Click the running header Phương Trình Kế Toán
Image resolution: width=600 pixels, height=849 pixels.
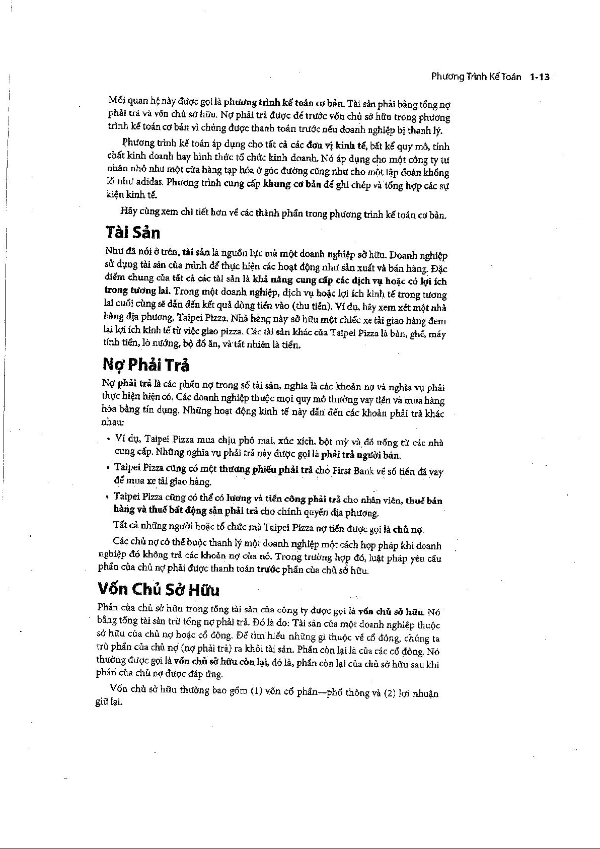476,77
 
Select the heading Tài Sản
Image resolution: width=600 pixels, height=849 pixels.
133,233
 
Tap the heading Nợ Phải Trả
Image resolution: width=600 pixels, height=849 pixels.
146,365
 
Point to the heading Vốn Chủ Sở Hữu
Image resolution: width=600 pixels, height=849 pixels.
159,589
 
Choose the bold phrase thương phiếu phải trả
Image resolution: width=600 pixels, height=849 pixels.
270,470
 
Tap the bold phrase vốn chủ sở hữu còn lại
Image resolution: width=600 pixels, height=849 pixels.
220,661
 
